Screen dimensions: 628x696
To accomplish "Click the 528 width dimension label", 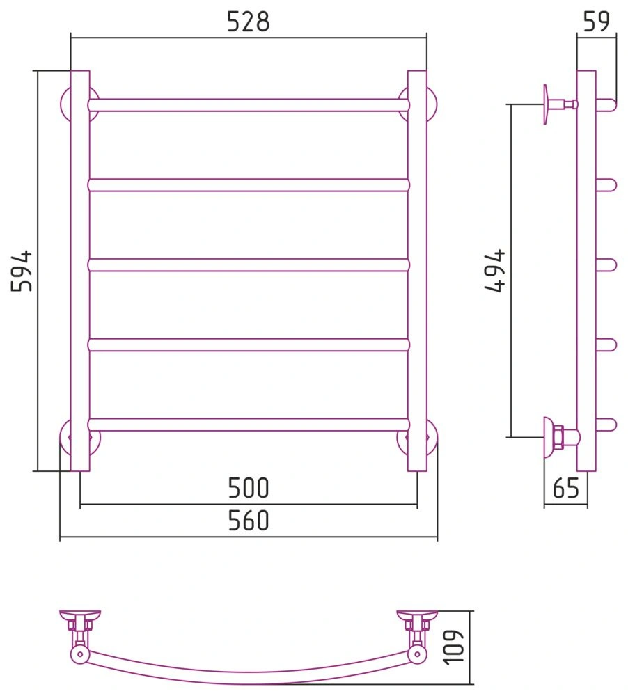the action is (249, 22).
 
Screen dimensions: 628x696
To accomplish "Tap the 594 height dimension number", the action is (22, 271).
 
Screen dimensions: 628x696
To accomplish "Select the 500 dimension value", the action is (249, 488).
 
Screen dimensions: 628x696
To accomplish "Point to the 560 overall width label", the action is (249, 521).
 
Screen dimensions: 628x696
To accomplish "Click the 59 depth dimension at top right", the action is (596, 22).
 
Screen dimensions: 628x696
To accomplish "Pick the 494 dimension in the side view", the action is (495, 271).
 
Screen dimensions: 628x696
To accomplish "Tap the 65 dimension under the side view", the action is (566, 489).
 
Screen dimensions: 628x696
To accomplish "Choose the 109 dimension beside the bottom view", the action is (454, 647).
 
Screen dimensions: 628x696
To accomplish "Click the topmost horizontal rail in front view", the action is (249, 105).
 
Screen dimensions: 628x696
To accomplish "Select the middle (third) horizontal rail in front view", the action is (249, 265).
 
